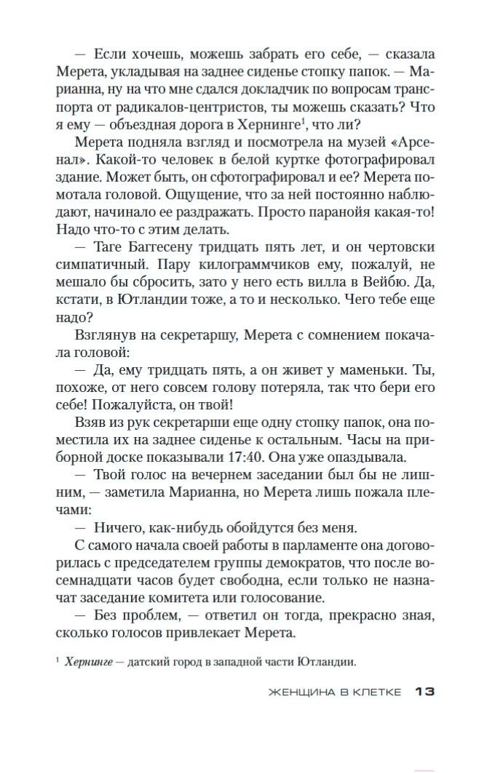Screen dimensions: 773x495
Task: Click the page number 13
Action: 424,692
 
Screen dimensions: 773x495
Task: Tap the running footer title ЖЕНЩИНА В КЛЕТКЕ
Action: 334,692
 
